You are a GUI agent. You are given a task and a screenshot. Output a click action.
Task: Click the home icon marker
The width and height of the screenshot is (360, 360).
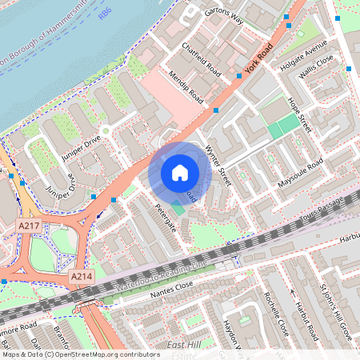click(180, 172)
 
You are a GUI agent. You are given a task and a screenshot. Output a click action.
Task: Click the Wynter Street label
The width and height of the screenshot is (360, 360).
click(218, 165)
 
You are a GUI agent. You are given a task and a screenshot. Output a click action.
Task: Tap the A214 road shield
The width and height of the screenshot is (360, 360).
click(79, 276)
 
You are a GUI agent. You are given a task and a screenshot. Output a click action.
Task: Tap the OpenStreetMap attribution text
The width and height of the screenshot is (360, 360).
click(68, 354)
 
